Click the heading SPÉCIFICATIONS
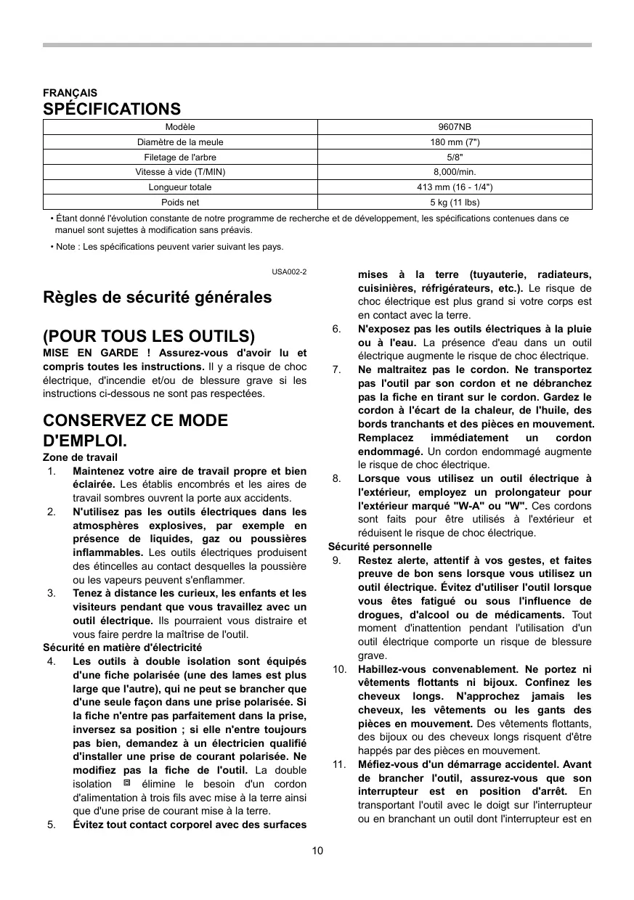tap(112, 109)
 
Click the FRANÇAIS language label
tap(70, 93)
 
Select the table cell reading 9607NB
tap(455, 127)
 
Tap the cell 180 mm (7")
tap(455, 142)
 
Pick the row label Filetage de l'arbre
tap(180, 157)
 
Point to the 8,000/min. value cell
tap(455, 172)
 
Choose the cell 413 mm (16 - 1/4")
tap(455, 187)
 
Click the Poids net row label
tap(180, 202)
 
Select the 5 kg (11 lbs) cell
tap(455, 202)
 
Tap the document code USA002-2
tap(289, 271)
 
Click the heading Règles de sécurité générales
tap(158, 297)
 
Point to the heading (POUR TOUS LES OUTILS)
tap(149, 336)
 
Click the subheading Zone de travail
tap(80, 457)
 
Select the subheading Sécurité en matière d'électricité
tap(122, 647)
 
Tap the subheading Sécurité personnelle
tap(380, 547)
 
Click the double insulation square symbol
tap(126, 783)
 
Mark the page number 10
tap(317, 851)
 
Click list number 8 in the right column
tap(337, 478)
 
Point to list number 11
tap(338, 764)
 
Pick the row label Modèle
tap(180, 127)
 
